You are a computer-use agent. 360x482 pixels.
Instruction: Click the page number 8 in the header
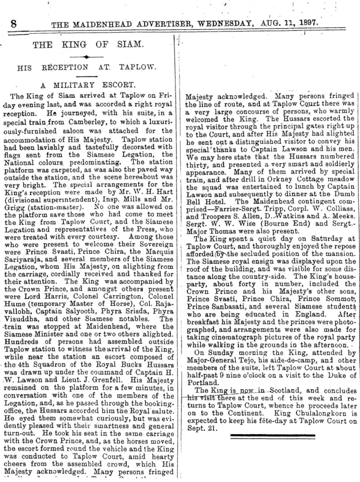coord(12,24)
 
